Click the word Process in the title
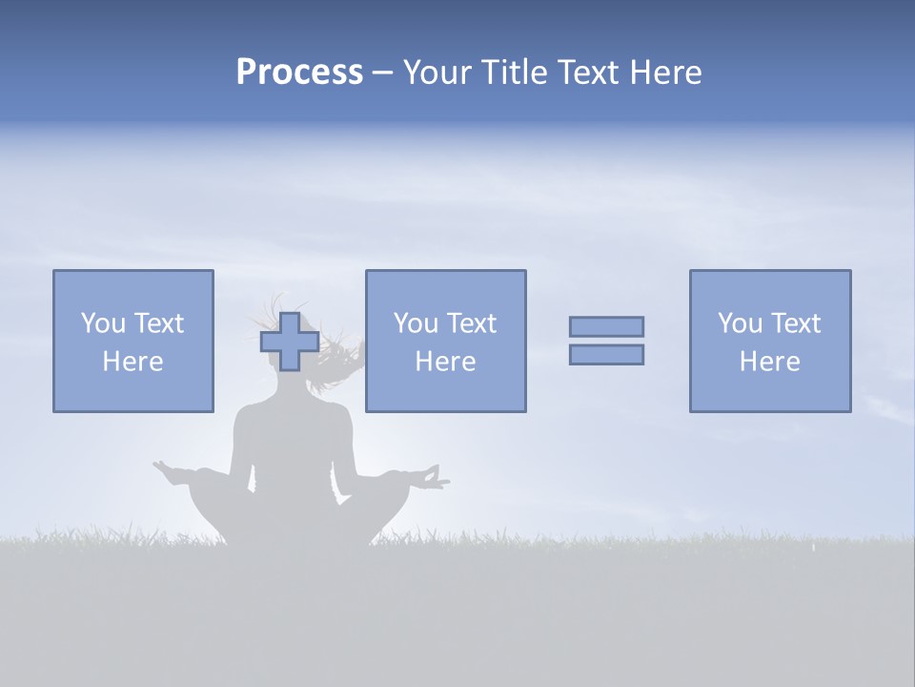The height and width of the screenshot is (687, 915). [299, 73]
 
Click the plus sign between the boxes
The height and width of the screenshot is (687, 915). [290, 342]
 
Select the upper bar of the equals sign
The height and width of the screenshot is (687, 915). [606, 326]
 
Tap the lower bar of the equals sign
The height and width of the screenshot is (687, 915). [606, 354]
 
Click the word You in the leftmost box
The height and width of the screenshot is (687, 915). [103, 323]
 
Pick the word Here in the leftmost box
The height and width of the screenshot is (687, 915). [132, 362]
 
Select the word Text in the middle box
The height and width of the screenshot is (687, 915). [472, 323]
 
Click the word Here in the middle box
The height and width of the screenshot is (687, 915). [445, 362]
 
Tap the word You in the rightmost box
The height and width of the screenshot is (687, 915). [740, 323]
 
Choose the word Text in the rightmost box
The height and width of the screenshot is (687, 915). [796, 323]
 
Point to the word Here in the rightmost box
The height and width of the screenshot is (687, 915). [769, 362]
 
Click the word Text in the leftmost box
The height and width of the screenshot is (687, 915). [159, 323]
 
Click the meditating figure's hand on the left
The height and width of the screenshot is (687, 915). [169, 470]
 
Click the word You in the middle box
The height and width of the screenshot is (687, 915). [416, 323]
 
